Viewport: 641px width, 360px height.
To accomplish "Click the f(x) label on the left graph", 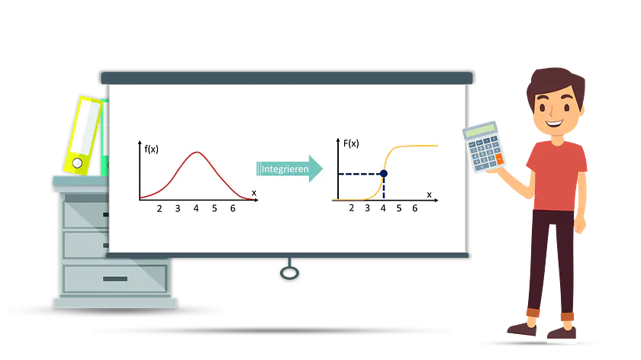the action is click(x=151, y=149).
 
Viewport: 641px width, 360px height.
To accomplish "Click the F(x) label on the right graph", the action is click(x=351, y=143).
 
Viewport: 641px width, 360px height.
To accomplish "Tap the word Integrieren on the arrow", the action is click(x=285, y=169).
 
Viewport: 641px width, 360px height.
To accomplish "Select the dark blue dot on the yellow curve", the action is click(x=383, y=174).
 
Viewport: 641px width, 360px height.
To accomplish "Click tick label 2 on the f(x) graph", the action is click(x=159, y=209).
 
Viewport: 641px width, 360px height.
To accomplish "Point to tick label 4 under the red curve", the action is click(x=196, y=208).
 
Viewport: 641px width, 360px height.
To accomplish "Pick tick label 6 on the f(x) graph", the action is click(x=233, y=208).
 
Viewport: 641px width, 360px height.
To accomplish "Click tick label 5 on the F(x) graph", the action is click(x=399, y=208).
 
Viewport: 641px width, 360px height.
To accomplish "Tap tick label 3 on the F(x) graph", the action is click(x=368, y=208).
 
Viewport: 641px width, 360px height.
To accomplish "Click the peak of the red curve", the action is click(x=197, y=153).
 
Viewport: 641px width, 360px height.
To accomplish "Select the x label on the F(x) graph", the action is click(x=429, y=195).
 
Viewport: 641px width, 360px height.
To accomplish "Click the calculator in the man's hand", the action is click(x=484, y=146).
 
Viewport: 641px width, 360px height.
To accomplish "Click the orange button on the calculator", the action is click(x=500, y=159).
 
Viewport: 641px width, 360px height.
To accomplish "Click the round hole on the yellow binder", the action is click(x=77, y=163).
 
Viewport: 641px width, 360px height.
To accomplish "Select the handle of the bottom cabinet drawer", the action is click(x=115, y=279).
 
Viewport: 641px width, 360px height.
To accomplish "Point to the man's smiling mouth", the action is click(x=554, y=123).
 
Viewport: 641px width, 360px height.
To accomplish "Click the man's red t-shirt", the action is click(x=557, y=175).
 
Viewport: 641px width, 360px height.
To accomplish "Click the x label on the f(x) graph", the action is click(x=254, y=193).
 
